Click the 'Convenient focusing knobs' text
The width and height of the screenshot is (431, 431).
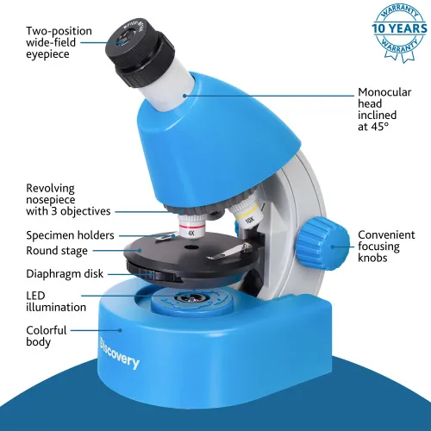(386, 246)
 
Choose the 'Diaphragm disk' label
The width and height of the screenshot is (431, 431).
(65, 274)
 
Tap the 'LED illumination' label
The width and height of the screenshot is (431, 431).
(56, 301)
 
